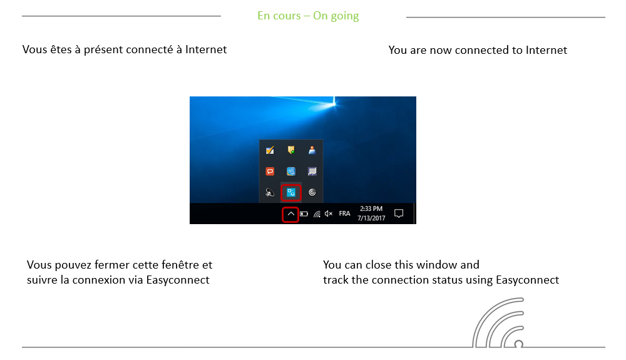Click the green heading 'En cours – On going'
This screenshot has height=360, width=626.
click(x=308, y=16)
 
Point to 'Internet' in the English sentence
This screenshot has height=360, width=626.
click(x=546, y=50)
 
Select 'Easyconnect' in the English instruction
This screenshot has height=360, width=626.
click(x=527, y=280)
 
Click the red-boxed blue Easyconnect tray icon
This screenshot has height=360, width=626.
click(x=291, y=193)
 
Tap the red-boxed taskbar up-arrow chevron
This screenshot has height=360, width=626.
click(x=291, y=213)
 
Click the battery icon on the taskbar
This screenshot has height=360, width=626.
click(x=304, y=213)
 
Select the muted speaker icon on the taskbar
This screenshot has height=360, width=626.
click(x=329, y=213)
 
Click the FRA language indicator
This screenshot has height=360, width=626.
click(x=344, y=213)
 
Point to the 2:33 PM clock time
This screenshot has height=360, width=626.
click(x=371, y=209)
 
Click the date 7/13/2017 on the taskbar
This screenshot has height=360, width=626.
click(x=371, y=219)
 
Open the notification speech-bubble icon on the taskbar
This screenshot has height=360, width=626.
click(x=399, y=213)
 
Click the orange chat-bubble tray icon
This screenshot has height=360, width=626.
click(x=270, y=172)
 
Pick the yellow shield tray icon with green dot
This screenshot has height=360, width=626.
click(x=291, y=150)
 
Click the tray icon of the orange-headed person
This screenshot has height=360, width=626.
click(x=312, y=150)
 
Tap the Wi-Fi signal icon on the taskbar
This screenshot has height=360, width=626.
click(x=317, y=213)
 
